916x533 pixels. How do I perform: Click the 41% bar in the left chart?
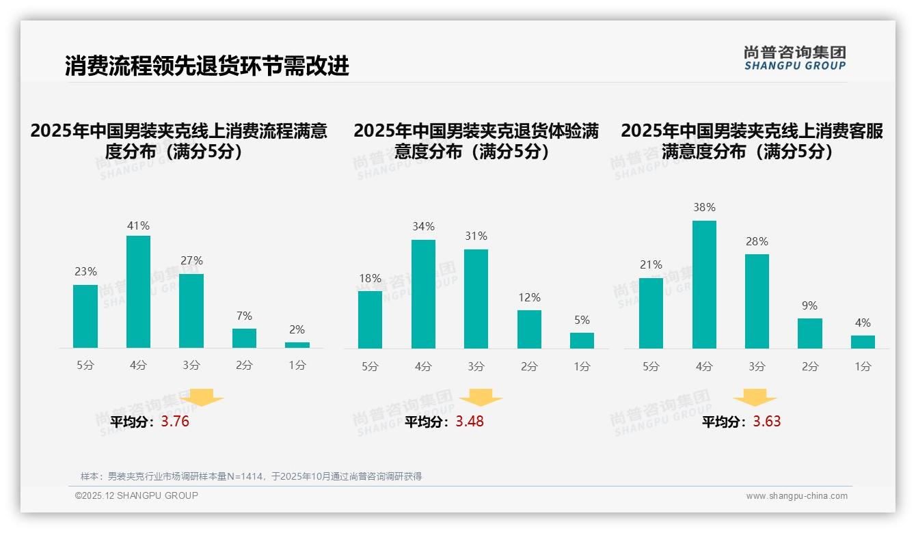click(x=139, y=292)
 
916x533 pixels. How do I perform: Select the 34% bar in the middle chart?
click(x=423, y=294)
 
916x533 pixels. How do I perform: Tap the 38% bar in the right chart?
click(x=704, y=284)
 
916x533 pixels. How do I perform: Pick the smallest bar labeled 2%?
click(x=297, y=345)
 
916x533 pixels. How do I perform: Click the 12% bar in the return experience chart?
click(x=529, y=329)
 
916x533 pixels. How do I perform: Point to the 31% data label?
click(x=476, y=236)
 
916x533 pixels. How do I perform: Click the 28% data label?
click(x=757, y=241)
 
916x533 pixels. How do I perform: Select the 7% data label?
click(x=244, y=316)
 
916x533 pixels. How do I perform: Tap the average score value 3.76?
click(x=175, y=422)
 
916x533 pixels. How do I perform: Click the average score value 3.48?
click(x=470, y=422)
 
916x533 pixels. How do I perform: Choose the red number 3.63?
click(x=767, y=422)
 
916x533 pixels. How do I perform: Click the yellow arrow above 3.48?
click(x=481, y=398)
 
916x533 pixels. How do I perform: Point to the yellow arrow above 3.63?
click(x=755, y=398)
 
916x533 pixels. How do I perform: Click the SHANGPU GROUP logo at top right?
click(x=794, y=58)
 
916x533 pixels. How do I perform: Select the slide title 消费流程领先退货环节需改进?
click(x=207, y=66)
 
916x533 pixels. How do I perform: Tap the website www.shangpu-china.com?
click(x=796, y=496)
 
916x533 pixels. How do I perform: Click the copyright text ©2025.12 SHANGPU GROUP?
click(x=137, y=495)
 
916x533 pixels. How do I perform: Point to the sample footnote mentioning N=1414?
click(x=251, y=476)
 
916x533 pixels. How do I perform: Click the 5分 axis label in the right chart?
click(x=651, y=366)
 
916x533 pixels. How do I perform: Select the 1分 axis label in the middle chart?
click(x=582, y=366)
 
